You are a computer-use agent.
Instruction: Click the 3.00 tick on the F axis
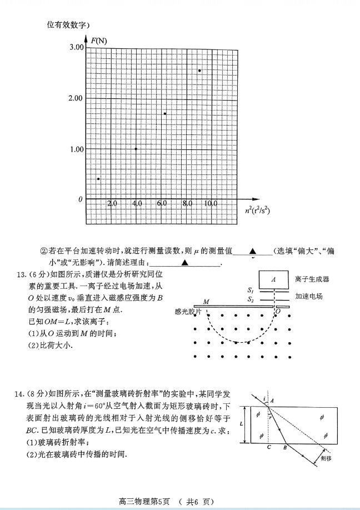76,47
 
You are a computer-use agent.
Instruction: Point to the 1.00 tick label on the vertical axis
76,149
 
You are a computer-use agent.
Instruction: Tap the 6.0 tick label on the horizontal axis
162,204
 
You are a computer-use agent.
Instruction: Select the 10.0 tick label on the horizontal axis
210,204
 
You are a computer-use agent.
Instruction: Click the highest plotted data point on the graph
199,71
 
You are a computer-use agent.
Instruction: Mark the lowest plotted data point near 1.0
98,179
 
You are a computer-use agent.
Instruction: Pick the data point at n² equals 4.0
136,149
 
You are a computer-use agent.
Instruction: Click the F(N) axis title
99,41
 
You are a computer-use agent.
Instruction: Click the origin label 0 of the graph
80,199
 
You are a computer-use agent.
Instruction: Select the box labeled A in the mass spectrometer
274,279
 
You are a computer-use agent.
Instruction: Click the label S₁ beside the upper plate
251,291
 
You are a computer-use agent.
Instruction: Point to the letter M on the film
206,302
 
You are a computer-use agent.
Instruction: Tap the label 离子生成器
313,279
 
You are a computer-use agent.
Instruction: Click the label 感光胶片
187,312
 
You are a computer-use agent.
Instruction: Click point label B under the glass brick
286,447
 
